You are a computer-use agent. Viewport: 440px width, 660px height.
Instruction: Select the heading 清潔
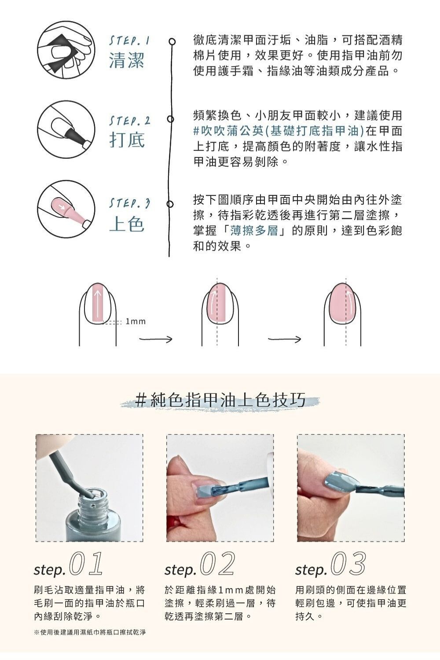click(x=127, y=60)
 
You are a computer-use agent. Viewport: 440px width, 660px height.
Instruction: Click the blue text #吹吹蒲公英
click(x=228, y=131)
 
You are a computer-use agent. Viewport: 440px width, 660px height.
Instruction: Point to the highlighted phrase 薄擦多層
click(x=254, y=230)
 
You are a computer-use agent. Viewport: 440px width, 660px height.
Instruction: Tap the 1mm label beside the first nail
click(x=136, y=322)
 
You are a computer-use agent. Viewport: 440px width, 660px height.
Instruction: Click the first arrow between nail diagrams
click(x=156, y=339)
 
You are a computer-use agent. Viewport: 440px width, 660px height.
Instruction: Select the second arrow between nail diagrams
click(x=285, y=339)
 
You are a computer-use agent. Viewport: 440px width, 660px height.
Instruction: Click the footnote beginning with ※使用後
click(x=90, y=632)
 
